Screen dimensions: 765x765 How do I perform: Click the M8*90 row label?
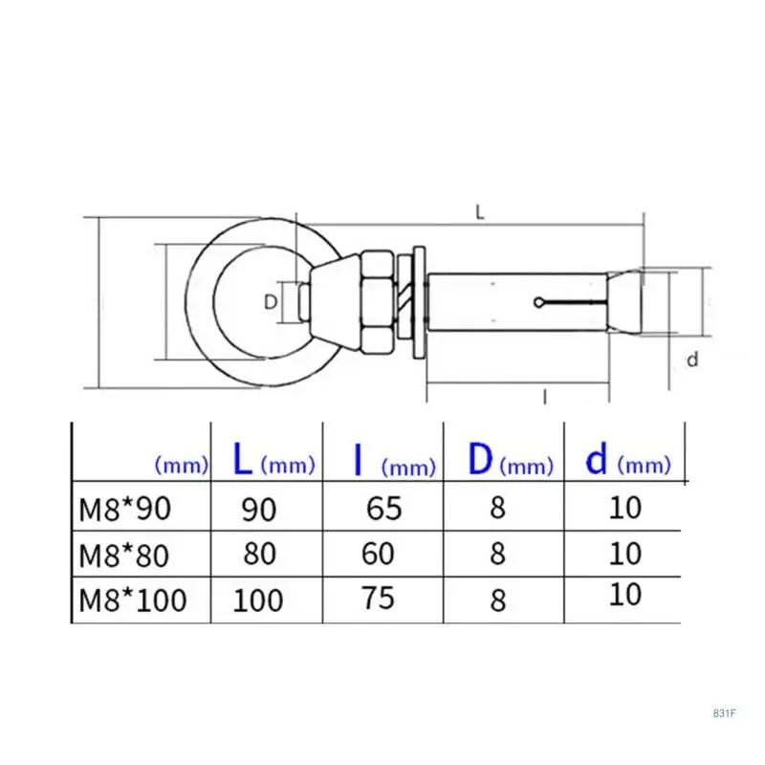coord(125,509)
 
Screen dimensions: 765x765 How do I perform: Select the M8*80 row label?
coord(124,556)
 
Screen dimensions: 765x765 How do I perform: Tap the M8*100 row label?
coord(133,600)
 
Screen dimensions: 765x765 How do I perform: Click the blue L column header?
coord(243,458)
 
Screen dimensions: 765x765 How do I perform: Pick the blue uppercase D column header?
coord(480,459)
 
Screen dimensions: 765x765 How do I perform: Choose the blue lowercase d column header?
coord(596,458)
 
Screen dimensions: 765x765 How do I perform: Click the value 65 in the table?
coord(384,508)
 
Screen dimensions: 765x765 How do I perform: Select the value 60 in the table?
coord(378,554)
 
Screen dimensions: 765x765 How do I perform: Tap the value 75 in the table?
coord(378,598)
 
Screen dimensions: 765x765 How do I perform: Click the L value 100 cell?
coord(258,601)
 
